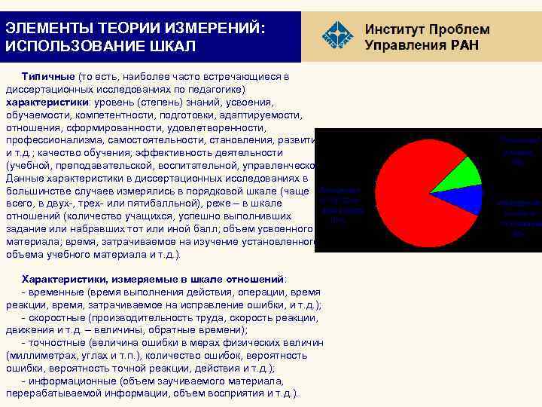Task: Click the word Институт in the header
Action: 393,29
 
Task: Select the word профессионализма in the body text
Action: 50,140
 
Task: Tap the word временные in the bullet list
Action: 55,292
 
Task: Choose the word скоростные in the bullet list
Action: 56,317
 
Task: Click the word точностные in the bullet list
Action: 57,343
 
